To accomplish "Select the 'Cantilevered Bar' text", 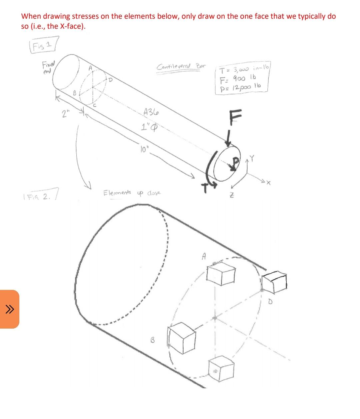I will pos(181,66).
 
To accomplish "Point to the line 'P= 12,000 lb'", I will pos(240,87).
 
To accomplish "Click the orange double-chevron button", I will pos(10,309).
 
